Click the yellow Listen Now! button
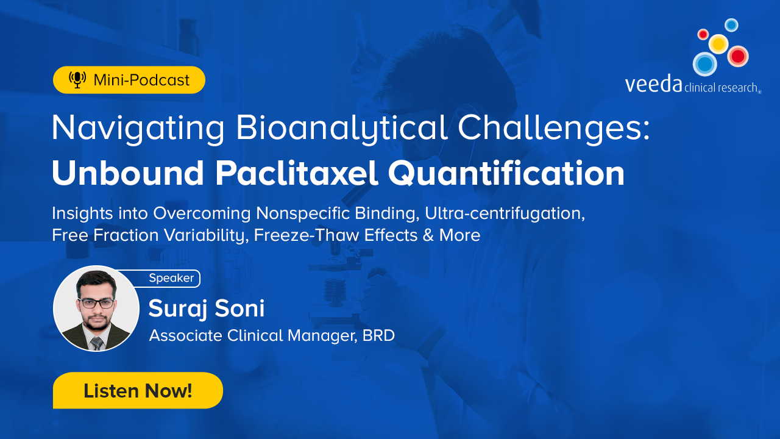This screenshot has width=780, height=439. point(138,390)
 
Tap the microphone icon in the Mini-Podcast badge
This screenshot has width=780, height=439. point(77,80)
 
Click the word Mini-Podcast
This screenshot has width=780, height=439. point(141,80)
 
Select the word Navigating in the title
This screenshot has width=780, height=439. point(138,128)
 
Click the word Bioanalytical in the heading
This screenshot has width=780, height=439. point(342,128)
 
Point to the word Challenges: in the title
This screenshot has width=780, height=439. point(554,128)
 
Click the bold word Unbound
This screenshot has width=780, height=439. point(128,173)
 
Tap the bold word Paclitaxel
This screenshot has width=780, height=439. point(296,173)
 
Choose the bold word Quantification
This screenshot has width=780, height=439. point(506,173)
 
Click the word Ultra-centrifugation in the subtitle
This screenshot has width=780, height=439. point(505,213)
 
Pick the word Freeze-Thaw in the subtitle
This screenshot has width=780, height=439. point(307,235)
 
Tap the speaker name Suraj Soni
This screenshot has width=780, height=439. point(207,309)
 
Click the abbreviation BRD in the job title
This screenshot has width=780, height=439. point(378,336)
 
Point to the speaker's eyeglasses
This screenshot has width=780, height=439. point(96,303)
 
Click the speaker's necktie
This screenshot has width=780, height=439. point(97,343)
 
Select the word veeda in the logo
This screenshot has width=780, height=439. point(653,84)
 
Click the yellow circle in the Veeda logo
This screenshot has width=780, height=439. point(718,44)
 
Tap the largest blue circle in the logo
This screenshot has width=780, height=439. point(705,64)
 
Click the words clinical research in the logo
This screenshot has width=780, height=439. point(721,87)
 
